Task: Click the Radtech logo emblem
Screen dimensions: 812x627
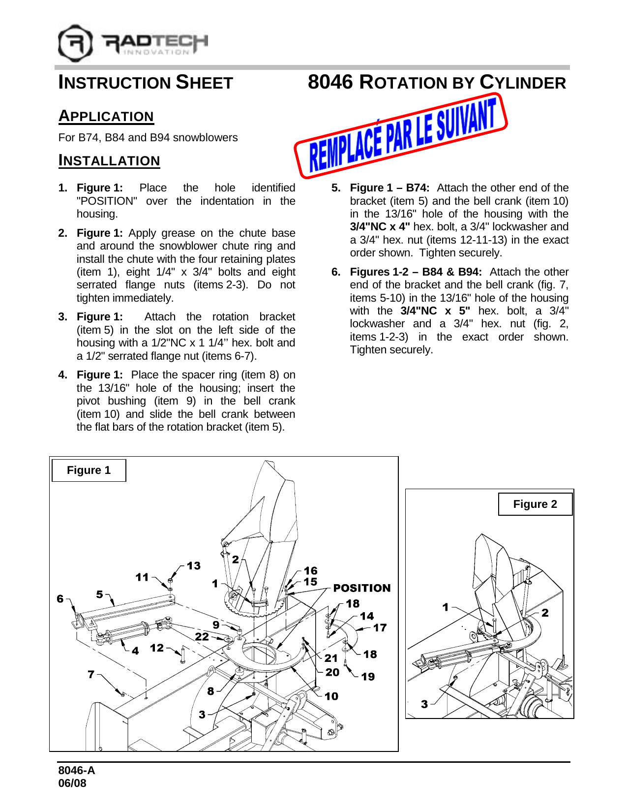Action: coord(75,43)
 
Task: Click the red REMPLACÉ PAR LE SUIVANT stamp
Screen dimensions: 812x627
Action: coord(401,135)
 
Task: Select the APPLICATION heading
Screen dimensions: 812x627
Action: coord(106,117)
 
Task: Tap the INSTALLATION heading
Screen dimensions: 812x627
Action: coord(109,161)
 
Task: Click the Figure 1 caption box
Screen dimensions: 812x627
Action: coord(89,470)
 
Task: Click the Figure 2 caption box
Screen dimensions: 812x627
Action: coord(535,504)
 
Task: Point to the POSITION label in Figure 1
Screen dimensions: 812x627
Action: coord(362,588)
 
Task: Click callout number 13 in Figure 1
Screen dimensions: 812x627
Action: coord(194,566)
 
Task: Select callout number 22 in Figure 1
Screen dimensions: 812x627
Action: coord(202,636)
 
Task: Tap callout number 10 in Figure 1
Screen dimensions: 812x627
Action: coord(331,696)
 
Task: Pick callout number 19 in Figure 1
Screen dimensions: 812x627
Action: coord(368,677)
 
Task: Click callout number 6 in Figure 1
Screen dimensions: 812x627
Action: coord(60,598)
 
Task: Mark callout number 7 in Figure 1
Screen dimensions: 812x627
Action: coord(91,674)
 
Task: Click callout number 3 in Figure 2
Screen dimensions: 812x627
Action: coord(424,704)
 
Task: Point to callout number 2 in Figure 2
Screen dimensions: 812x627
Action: coord(545,613)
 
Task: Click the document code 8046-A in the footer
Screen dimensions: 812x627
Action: coord(77,771)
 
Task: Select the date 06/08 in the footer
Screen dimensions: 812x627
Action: coord(72,783)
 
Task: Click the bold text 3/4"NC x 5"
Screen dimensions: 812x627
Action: coord(435,311)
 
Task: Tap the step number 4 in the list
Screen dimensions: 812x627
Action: coord(62,375)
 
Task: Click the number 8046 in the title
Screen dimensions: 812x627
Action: coord(330,82)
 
